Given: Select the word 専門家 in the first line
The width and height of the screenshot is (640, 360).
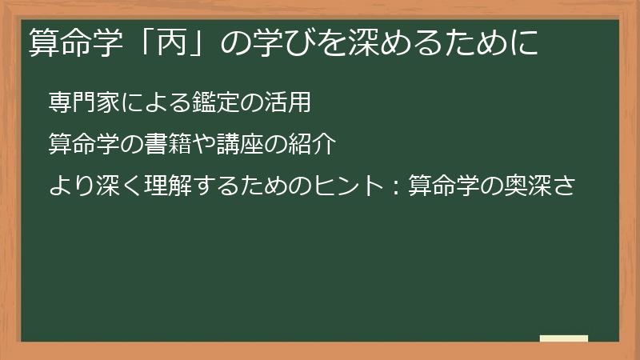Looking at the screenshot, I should [x=80, y=102].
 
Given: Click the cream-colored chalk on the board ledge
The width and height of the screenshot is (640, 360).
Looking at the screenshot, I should [x=564, y=338].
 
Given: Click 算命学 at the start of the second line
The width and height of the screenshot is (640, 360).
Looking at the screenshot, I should [x=80, y=145].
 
